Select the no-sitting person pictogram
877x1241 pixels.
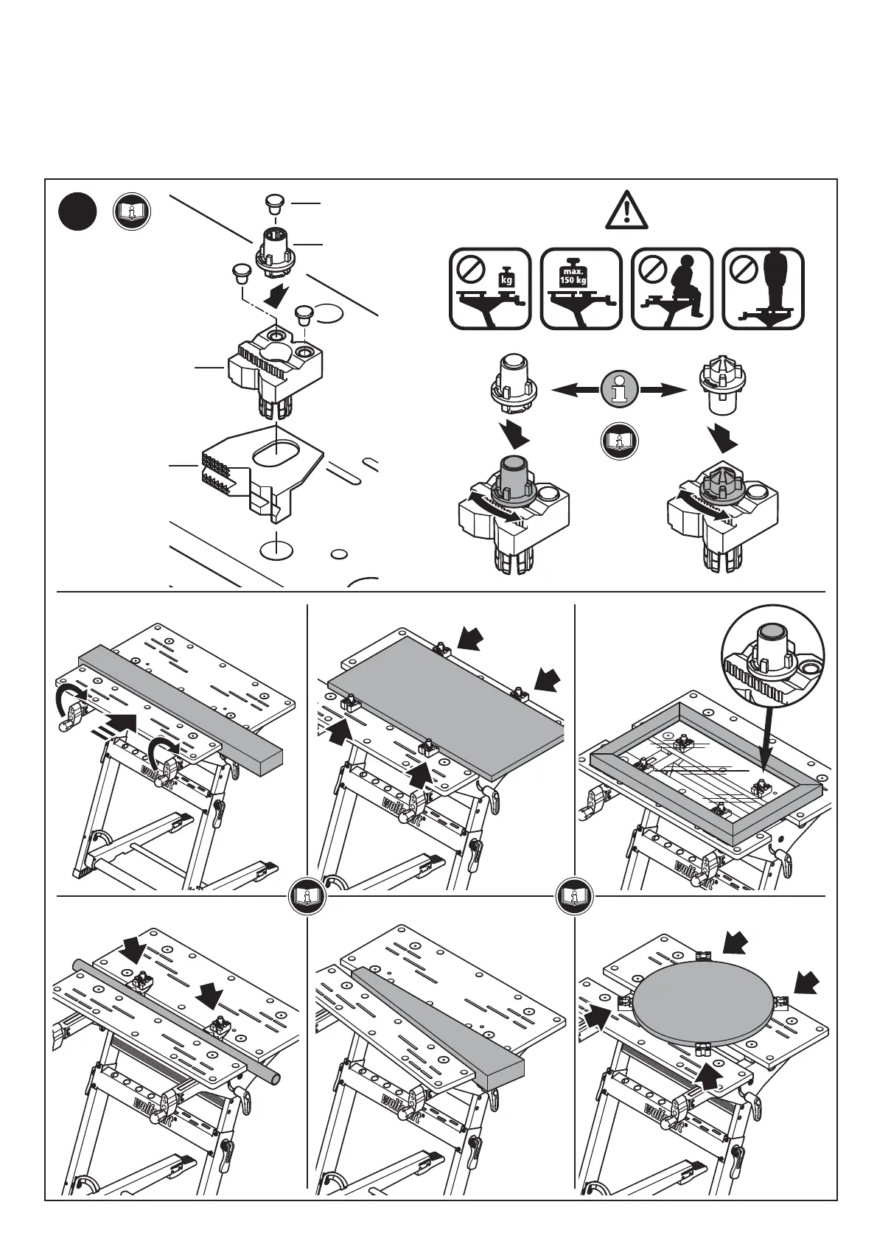pyautogui.click(x=673, y=288)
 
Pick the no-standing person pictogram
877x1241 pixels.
pyautogui.click(x=764, y=288)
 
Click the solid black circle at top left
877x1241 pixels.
pyautogui.click(x=77, y=212)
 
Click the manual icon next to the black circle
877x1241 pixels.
pyautogui.click(x=132, y=212)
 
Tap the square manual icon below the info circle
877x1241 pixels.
pyautogui.click(x=619, y=441)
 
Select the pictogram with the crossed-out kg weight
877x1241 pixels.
pyautogui.click(x=489, y=288)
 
